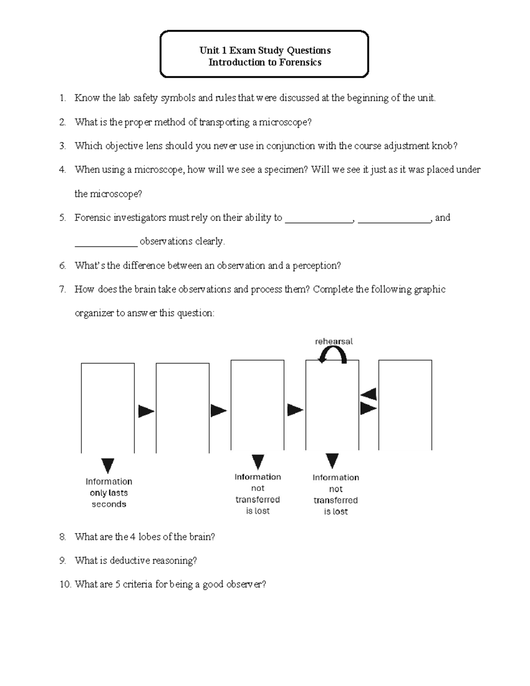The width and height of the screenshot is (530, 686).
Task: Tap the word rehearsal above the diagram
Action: click(x=333, y=341)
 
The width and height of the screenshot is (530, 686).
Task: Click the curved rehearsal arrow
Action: click(x=333, y=354)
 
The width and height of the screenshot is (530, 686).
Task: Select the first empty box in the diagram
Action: click(x=108, y=408)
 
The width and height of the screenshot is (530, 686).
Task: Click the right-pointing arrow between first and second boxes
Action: click(x=146, y=411)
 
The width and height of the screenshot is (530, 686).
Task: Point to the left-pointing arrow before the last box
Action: click(x=368, y=394)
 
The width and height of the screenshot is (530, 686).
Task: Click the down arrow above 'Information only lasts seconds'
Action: click(x=108, y=466)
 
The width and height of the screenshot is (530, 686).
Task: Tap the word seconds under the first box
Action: click(x=109, y=504)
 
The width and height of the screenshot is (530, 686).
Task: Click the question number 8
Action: click(x=63, y=537)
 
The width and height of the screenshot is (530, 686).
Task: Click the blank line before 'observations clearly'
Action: click(x=106, y=244)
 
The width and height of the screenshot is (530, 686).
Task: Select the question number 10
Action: click(x=65, y=584)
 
